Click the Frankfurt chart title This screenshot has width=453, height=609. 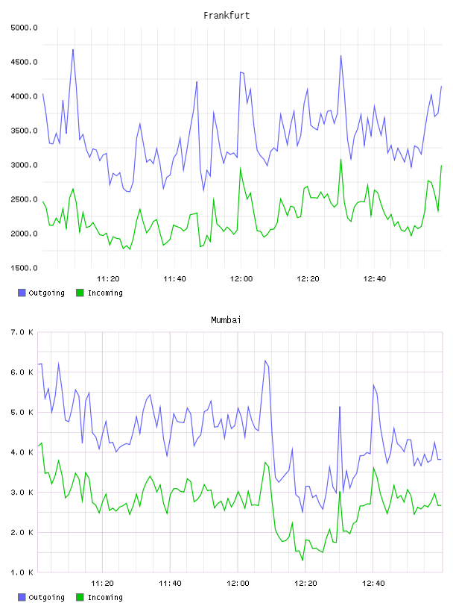click(x=226, y=16)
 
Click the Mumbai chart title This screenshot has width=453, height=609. click(x=226, y=320)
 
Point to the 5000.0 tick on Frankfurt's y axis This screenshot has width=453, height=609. click(x=24, y=28)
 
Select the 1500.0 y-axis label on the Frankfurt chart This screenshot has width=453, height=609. click(x=24, y=268)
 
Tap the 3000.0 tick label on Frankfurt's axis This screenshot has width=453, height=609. click(x=24, y=165)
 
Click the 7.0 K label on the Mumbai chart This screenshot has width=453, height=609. click(x=22, y=332)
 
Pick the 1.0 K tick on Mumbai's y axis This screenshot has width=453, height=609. click(x=22, y=572)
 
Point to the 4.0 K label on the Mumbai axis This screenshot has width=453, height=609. click(x=22, y=452)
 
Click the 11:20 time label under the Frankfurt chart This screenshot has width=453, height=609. click(x=108, y=279)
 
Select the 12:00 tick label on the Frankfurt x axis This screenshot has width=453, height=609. click(x=241, y=279)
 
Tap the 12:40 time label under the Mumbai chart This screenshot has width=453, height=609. click(x=373, y=584)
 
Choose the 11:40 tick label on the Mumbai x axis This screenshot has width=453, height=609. click(x=171, y=584)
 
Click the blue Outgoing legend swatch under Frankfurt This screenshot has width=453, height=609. click(x=22, y=293)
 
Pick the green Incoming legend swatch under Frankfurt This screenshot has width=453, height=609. click(x=80, y=293)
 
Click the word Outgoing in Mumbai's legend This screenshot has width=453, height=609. click(x=46, y=597)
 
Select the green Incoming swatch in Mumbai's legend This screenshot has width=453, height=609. click(x=80, y=597)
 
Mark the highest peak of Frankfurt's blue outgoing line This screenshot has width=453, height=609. click(x=73, y=49)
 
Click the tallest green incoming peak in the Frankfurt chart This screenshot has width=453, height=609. click(x=341, y=159)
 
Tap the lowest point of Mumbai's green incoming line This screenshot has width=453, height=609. click(x=302, y=560)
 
